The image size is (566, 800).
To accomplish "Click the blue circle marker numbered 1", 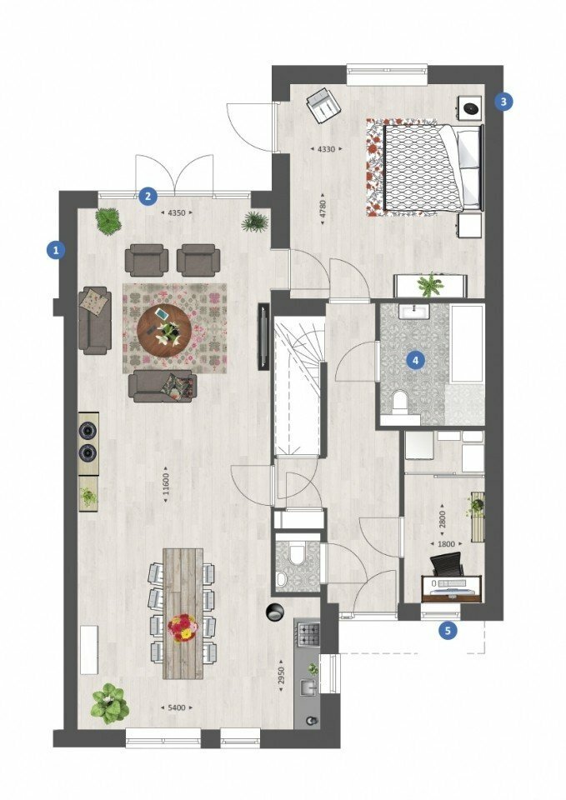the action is tap(56, 250).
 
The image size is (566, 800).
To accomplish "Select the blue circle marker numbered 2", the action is tap(148, 196).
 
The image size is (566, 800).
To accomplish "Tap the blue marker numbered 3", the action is tap(503, 102).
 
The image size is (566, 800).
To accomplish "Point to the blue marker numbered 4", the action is tap(415, 361).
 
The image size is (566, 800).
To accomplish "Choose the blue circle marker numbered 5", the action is tap(448, 631).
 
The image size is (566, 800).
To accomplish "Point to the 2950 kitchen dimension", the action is tap(281, 676).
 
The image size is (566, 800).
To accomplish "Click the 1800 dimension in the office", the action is tap(446, 544).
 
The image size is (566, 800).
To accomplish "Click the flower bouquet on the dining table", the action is tap(183, 627).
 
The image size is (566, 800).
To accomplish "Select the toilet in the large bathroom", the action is tap(399, 401).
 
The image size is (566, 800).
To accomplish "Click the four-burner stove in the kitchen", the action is tap(308, 634).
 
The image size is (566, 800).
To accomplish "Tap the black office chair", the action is tap(447, 565).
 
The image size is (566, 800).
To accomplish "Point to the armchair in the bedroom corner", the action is tap(323, 105).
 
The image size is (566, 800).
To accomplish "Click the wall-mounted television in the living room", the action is tap(263, 337).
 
